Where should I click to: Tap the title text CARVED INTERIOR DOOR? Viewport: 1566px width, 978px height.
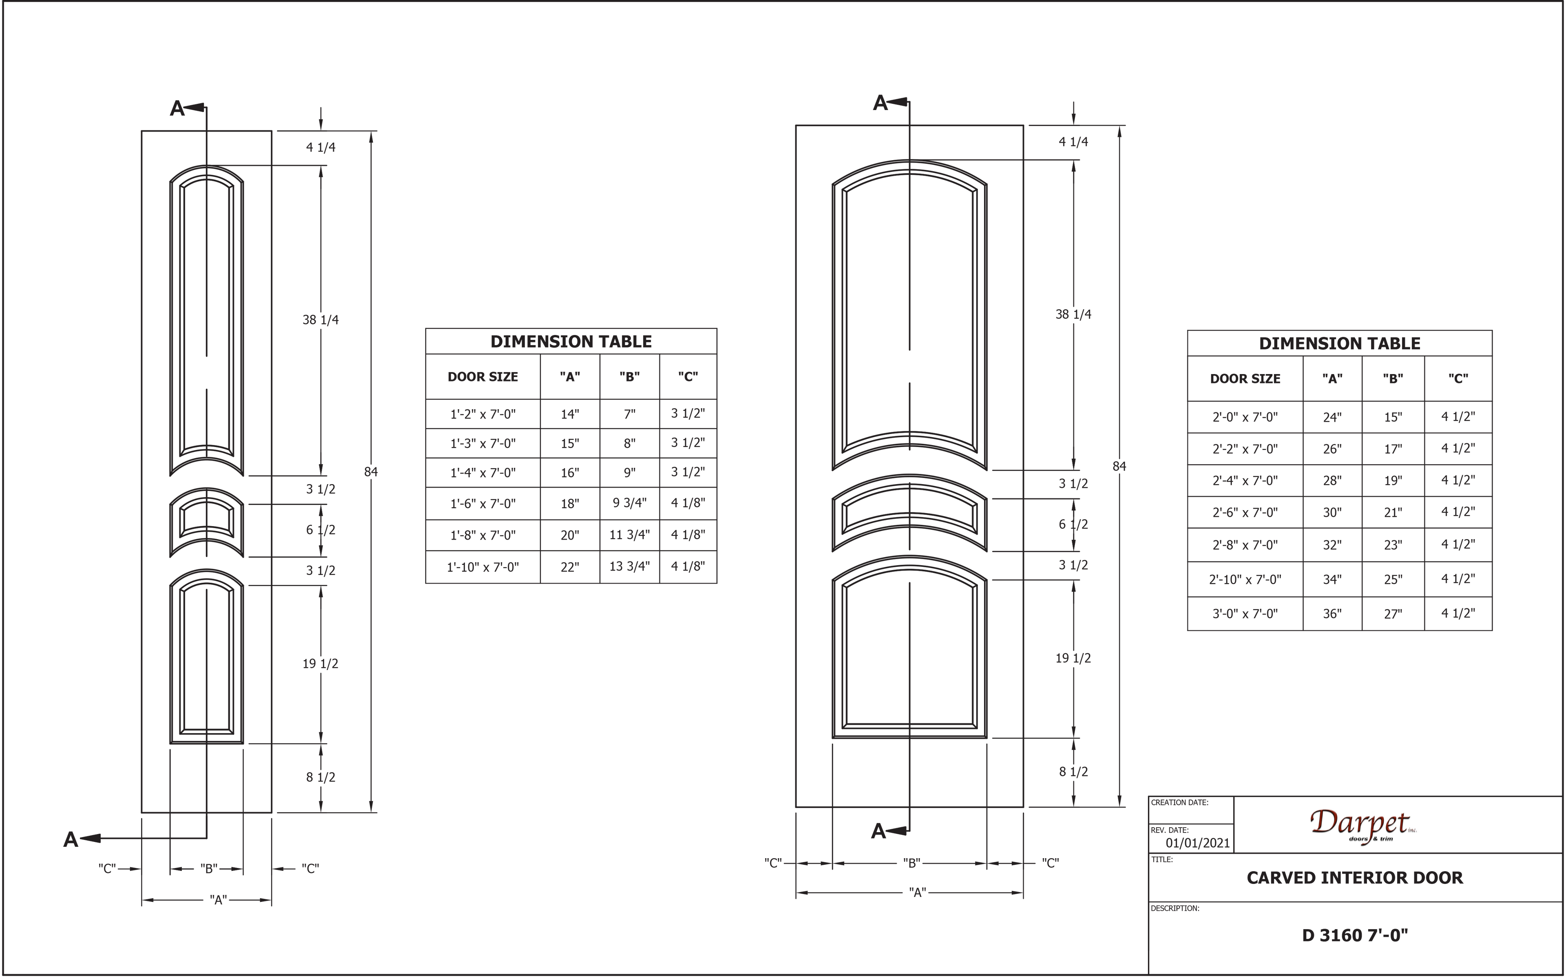[1354, 878]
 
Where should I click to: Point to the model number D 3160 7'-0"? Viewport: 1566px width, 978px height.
[1354, 935]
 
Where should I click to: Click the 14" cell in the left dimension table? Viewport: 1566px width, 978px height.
[569, 414]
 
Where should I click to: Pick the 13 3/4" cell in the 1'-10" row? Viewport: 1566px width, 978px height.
[629, 566]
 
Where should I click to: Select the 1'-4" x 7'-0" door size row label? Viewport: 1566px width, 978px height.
[483, 473]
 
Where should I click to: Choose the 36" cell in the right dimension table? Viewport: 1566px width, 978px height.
[1331, 613]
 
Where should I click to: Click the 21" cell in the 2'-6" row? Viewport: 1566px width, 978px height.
[1393, 512]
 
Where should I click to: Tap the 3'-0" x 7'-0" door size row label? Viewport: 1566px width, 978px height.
[1244, 613]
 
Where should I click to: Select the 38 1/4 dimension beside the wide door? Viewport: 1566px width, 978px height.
[1073, 314]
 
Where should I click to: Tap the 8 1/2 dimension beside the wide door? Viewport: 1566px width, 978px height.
[1073, 772]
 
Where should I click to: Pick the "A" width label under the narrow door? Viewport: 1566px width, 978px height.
[219, 900]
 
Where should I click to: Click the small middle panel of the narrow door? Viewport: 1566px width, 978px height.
[206, 518]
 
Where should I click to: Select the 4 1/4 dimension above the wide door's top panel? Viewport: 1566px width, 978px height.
[1073, 142]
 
